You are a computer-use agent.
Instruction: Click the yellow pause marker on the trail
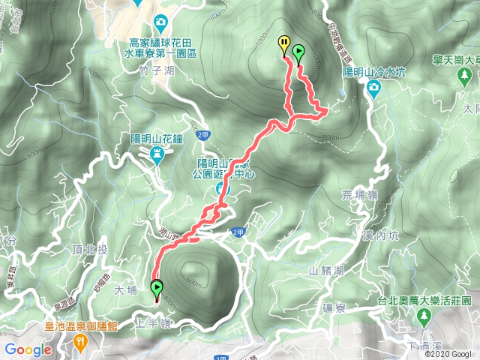pos(283,44)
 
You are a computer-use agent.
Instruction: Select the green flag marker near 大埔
pos(157,288)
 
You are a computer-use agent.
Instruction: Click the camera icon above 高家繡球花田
pos(159,21)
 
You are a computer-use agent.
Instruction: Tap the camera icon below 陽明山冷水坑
pos(373,89)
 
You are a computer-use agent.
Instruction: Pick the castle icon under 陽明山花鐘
pos(157,154)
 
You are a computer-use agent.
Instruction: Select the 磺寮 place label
pos(333,306)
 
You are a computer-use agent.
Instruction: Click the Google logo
pos(28,349)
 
